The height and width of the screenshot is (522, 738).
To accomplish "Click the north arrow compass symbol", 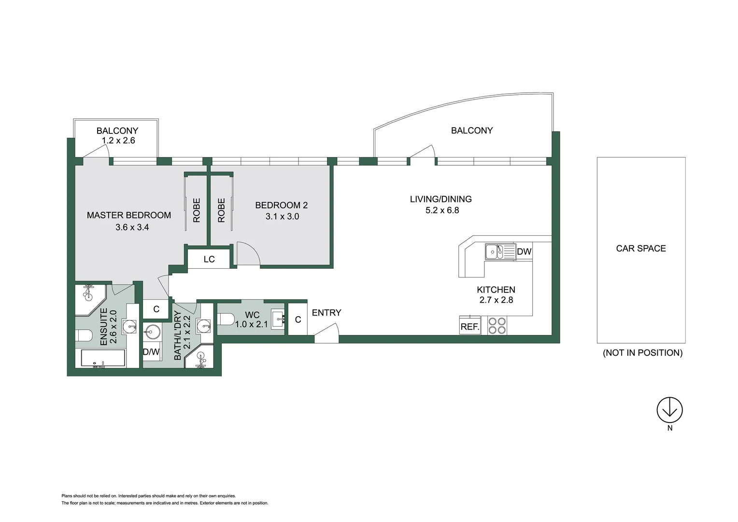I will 669,410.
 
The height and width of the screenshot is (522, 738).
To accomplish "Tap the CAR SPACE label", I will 641,248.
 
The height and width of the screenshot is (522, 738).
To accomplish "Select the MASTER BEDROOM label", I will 129,215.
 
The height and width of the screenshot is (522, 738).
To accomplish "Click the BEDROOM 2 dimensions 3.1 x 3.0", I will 282,217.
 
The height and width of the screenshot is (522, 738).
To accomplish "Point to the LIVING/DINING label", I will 440,199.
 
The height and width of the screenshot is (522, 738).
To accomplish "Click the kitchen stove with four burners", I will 497,326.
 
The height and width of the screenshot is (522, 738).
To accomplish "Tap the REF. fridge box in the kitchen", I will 469,327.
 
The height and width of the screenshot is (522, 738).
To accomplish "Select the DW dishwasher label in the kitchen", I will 524,251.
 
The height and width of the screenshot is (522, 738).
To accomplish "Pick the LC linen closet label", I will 209,260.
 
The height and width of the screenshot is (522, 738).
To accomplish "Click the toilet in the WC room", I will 226,319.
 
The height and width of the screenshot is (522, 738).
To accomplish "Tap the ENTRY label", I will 326,313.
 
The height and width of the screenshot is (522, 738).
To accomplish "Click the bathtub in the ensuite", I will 103,359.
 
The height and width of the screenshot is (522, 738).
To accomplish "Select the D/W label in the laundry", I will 151,352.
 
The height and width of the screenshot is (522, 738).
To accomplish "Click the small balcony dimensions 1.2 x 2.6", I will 118,141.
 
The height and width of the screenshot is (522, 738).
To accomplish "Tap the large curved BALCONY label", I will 472,130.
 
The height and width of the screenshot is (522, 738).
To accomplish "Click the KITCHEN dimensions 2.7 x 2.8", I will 496,300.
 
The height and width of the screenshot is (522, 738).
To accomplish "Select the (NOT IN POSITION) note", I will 642,353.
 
